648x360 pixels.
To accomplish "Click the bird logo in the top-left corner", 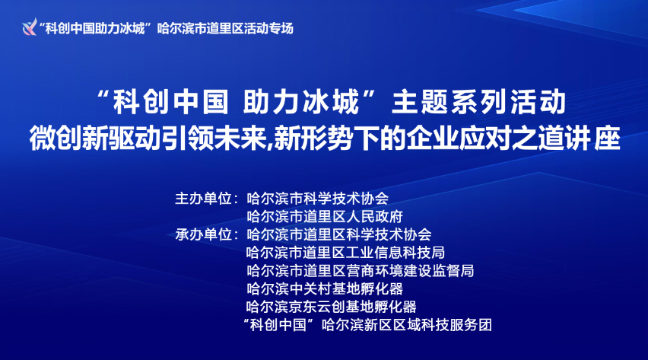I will (29, 28).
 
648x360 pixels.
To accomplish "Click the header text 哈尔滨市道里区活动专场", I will (224, 28).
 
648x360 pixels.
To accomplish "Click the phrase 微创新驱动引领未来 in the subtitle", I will (151, 139).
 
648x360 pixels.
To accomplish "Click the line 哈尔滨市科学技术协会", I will (318, 199).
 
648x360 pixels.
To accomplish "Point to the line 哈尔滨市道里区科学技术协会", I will (339, 234).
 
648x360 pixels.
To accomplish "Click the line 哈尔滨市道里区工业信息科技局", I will (346, 252).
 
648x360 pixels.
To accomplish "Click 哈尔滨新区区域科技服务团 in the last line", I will (407, 325).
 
